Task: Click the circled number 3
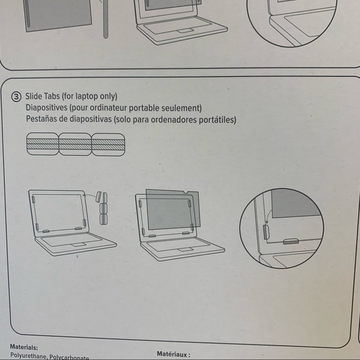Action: point(16,96)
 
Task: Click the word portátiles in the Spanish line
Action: point(217,120)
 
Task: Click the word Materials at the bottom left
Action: point(24,348)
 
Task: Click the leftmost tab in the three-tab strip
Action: point(42,145)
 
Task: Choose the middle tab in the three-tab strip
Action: point(75,145)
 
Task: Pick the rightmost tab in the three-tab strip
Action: point(108,145)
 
